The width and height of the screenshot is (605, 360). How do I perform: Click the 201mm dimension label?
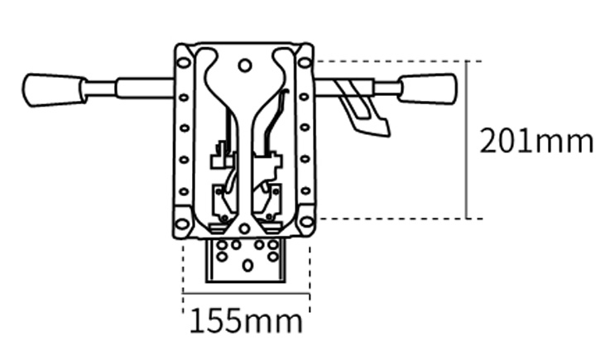536,142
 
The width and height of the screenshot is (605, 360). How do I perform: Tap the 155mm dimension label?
246,320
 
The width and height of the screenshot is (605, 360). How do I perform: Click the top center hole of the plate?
244,65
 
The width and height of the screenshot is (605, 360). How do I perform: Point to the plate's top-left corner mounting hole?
183,62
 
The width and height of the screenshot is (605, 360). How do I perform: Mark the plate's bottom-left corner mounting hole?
182,223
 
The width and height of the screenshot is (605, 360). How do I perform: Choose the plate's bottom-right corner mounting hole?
306,222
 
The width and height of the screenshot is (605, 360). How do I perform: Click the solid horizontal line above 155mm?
246,294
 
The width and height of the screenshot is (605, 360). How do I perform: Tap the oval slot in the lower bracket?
247,266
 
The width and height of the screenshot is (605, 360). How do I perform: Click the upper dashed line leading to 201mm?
389,60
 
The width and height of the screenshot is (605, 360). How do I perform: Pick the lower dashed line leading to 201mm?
389,218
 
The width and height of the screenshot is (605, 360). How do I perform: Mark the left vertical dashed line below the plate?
183,269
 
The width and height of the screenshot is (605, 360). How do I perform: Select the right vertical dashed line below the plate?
310,269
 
